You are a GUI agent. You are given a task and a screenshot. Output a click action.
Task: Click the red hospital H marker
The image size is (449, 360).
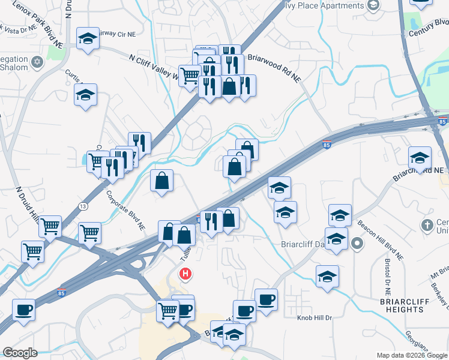[185, 274]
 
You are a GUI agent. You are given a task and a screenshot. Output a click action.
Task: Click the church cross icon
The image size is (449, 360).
[427, 226]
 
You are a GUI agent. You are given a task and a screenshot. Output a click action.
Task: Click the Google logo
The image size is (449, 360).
[20, 353]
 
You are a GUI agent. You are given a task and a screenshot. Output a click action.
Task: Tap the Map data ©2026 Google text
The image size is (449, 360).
[411, 355]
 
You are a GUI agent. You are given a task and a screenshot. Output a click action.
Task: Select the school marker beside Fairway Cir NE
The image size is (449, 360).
[88, 40]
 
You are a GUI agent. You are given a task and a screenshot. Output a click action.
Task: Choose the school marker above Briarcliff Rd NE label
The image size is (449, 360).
[420, 158]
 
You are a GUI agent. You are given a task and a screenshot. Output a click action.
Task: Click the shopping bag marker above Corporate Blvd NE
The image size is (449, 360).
[162, 181]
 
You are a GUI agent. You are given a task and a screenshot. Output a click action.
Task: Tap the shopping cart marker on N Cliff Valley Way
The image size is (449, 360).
[190, 76]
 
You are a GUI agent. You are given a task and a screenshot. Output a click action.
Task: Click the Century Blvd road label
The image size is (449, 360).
[429, 28]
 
